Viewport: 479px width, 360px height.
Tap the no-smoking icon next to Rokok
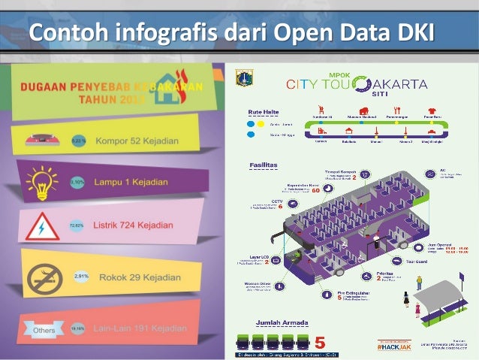44,277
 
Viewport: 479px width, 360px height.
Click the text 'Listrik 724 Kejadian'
132,225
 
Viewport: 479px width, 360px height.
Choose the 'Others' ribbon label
43,329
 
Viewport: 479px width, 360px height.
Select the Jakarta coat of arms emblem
240,77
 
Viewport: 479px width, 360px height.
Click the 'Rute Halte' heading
264,113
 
